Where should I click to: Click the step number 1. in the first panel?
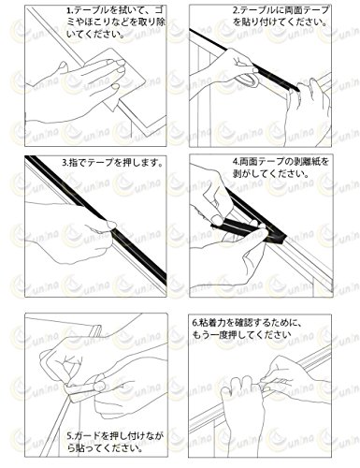point(69,11)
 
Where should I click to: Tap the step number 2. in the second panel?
point(236,10)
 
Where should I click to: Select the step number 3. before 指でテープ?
point(65,163)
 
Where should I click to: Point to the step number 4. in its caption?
point(236,162)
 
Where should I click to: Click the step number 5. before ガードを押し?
point(70,435)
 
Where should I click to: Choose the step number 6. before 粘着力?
point(194,323)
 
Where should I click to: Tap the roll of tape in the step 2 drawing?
point(248,80)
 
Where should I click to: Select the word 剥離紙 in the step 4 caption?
point(308,162)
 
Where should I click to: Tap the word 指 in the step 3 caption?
point(72,163)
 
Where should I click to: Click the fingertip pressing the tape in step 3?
point(110,225)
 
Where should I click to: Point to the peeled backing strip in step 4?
point(237,227)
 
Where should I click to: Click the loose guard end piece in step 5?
point(95,330)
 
